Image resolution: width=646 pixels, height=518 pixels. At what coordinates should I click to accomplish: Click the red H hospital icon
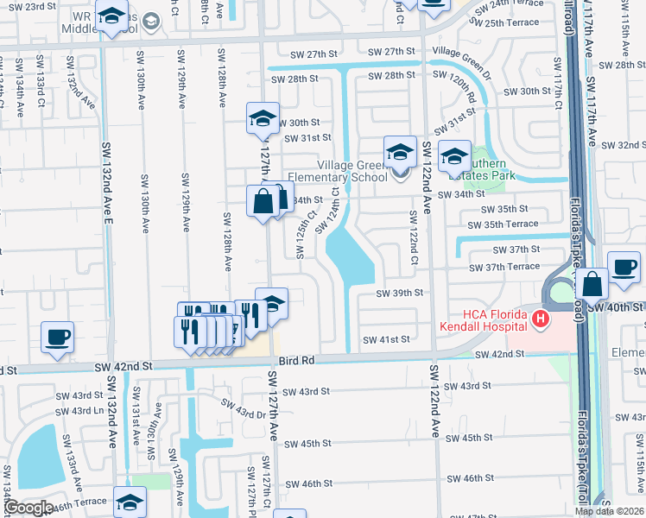pyautogui.click(x=541, y=320)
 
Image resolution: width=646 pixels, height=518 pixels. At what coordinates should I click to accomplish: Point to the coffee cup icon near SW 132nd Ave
pyautogui.click(x=58, y=338)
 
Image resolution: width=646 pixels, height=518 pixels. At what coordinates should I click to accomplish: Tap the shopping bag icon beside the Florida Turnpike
pyautogui.click(x=592, y=282)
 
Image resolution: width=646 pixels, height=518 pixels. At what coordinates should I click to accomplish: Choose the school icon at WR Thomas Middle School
pyautogui.click(x=111, y=17)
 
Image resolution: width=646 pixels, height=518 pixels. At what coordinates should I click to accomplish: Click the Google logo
pyautogui.click(x=29, y=508)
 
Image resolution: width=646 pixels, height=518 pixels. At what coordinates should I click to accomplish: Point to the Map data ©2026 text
pyautogui.click(x=610, y=511)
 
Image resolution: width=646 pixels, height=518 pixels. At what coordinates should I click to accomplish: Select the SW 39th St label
pyautogui.click(x=399, y=293)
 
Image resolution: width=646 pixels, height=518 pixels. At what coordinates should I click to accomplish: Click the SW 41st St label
pyautogui.click(x=385, y=340)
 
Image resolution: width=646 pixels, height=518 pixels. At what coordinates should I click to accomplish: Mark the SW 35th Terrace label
pyautogui.click(x=510, y=224)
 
